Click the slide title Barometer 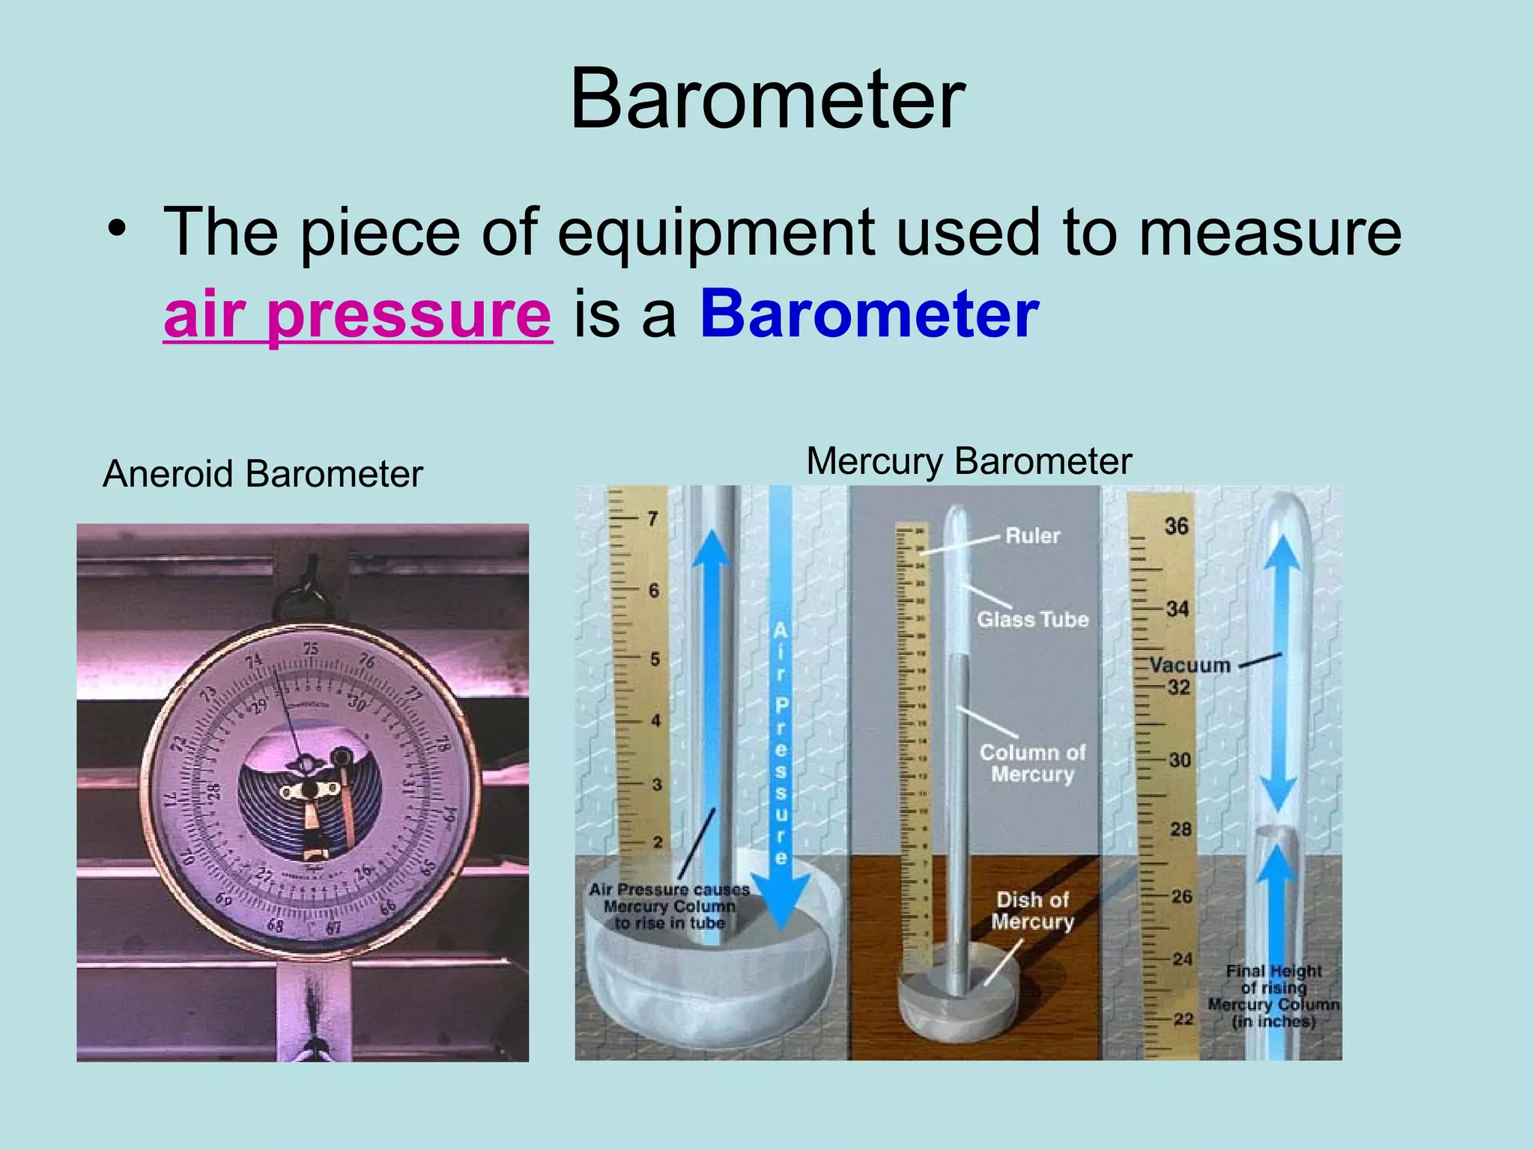(x=767, y=100)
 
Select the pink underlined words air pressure (x=357, y=314)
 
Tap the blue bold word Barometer (x=869, y=314)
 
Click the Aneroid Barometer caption (x=263, y=474)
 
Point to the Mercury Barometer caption (x=968, y=461)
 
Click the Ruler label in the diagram (x=1032, y=536)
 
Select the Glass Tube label (x=1032, y=619)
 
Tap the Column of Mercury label (x=1032, y=763)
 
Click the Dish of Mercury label (x=1032, y=910)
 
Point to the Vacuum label (x=1190, y=665)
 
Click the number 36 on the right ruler (x=1176, y=526)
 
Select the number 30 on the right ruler (x=1180, y=760)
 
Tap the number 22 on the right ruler (x=1183, y=1019)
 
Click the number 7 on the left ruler (x=652, y=518)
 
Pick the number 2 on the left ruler (x=657, y=842)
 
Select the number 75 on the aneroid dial (x=310, y=649)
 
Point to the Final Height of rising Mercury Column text (x=1273, y=996)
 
